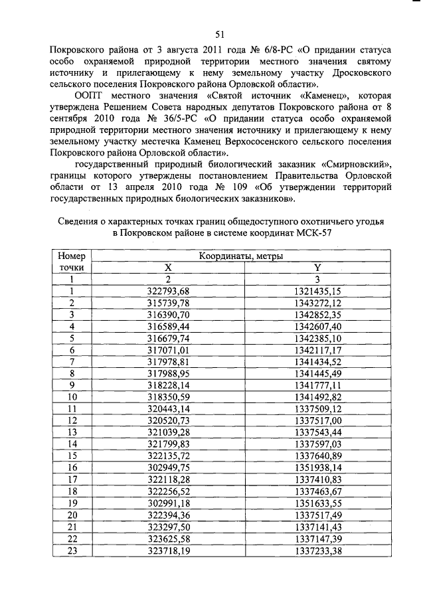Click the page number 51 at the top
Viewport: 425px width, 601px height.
[220, 35]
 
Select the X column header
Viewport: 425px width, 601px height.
[168, 267]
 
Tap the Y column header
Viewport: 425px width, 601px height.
[317, 267]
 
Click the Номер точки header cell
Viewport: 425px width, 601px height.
[72, 261]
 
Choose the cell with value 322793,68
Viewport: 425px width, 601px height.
[168, 291]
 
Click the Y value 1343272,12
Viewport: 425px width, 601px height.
[317, 303]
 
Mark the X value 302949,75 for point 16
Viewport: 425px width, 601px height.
[168, 467]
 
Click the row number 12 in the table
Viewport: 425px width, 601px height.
[72, 420]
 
